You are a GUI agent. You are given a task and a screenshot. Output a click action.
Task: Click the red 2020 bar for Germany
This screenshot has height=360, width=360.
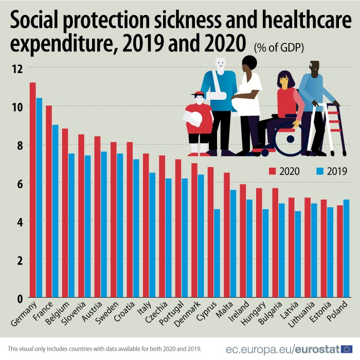[32, 190]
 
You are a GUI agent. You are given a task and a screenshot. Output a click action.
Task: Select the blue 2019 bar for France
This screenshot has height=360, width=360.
[55, 211]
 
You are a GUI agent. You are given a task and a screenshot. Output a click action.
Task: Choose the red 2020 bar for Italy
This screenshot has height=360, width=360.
[146, 226]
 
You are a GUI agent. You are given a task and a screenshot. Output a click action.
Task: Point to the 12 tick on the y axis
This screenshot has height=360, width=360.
[18, 68]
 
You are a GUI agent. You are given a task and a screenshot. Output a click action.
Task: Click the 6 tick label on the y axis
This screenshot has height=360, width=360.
[19, 183]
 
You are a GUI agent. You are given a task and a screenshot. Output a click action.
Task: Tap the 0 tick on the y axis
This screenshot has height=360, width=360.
[19, 298]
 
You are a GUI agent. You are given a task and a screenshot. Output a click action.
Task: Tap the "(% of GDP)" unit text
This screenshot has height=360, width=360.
[278, 47]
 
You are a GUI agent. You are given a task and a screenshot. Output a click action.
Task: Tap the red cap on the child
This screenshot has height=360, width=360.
[197, 95]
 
